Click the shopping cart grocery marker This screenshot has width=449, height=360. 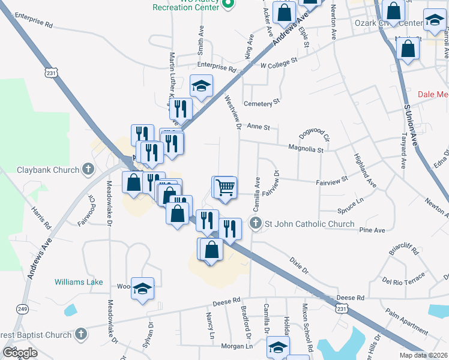click(224, 187)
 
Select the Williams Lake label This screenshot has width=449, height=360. click(79, 282)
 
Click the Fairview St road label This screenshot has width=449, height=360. click(331, 179)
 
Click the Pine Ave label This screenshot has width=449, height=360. click(372, 230)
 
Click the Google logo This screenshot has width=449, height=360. click(19, 353)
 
